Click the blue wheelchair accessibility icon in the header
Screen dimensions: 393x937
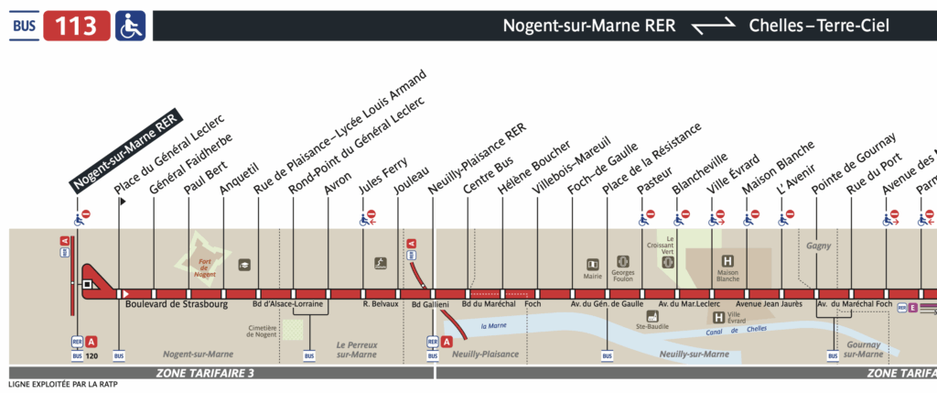pyautogui.click(x=131, y=26)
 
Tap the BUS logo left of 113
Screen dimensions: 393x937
pyautogui.click(x=27, y=26)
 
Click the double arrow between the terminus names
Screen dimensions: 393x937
pyautogui.click(x=711, y=27)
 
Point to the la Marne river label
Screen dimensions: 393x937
pyautogui.click(x=495, y=324)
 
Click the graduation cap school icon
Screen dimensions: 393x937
pyautogui.click(x=244, y=264)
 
